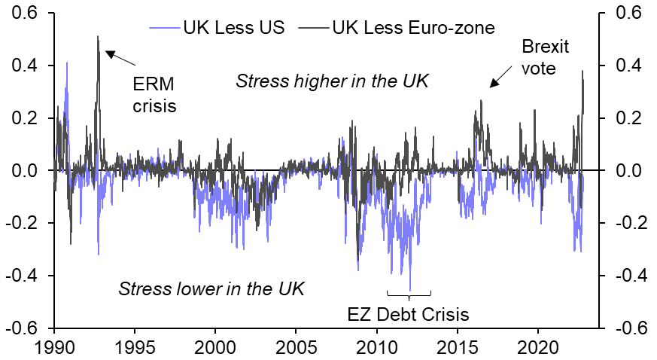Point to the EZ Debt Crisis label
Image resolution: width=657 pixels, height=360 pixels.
pyautogui.click(x=408, y=313)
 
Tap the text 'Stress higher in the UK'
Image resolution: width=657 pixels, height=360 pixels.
pyautogui.click(x=332, y=81)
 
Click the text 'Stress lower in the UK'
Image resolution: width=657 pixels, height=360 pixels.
pyautogui.click(x=211, y=288)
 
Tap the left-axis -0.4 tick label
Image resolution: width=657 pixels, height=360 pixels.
pyautogui.click(x=25, y=276)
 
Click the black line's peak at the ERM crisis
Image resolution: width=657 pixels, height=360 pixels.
pyautogui.click(x=98, y=36)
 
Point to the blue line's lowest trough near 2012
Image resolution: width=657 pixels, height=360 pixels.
pyautogui.click(x=410, y=290)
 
